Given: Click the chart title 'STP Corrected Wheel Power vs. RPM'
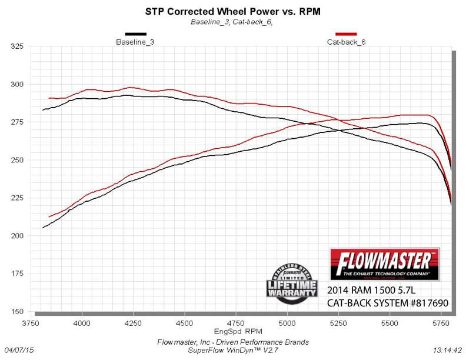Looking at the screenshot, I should [x=232, y=11].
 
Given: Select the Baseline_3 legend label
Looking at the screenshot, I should [x=135, y=42].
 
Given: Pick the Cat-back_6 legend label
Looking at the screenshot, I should [x=346, y=42].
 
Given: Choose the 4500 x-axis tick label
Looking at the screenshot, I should [x=184, y=324].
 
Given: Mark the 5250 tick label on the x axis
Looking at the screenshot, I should [x=338, y=324].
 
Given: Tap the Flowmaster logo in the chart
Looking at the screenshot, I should [x=385, y=264].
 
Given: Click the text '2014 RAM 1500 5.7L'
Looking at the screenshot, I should [x=368, y=291].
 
